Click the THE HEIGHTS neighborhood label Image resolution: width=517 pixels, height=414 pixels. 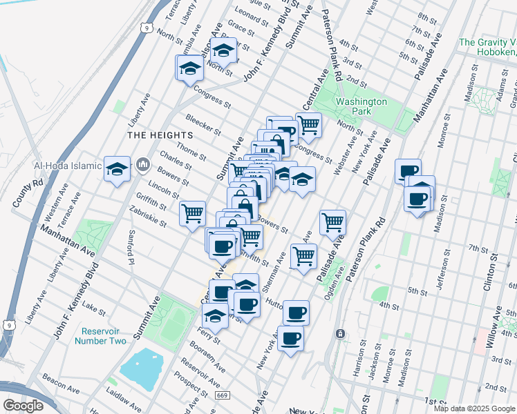coord(153,135)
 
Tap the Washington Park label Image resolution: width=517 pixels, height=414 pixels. coord(361,106)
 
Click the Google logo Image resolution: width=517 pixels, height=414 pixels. coord(23,406)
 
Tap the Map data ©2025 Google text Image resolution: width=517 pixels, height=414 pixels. coord(473,408)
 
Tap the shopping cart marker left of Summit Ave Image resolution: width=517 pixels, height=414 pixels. coord(192,212)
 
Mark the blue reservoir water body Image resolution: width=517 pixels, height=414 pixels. coord(142,365)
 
